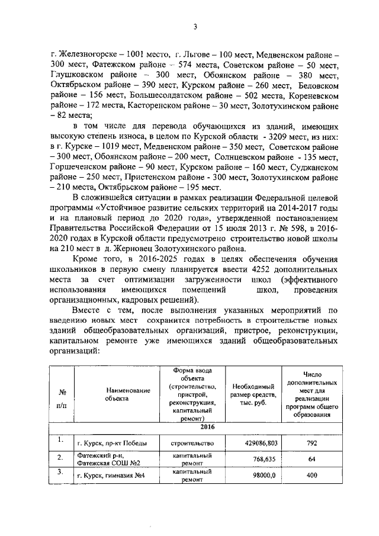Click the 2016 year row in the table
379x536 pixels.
coord(191,428)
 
